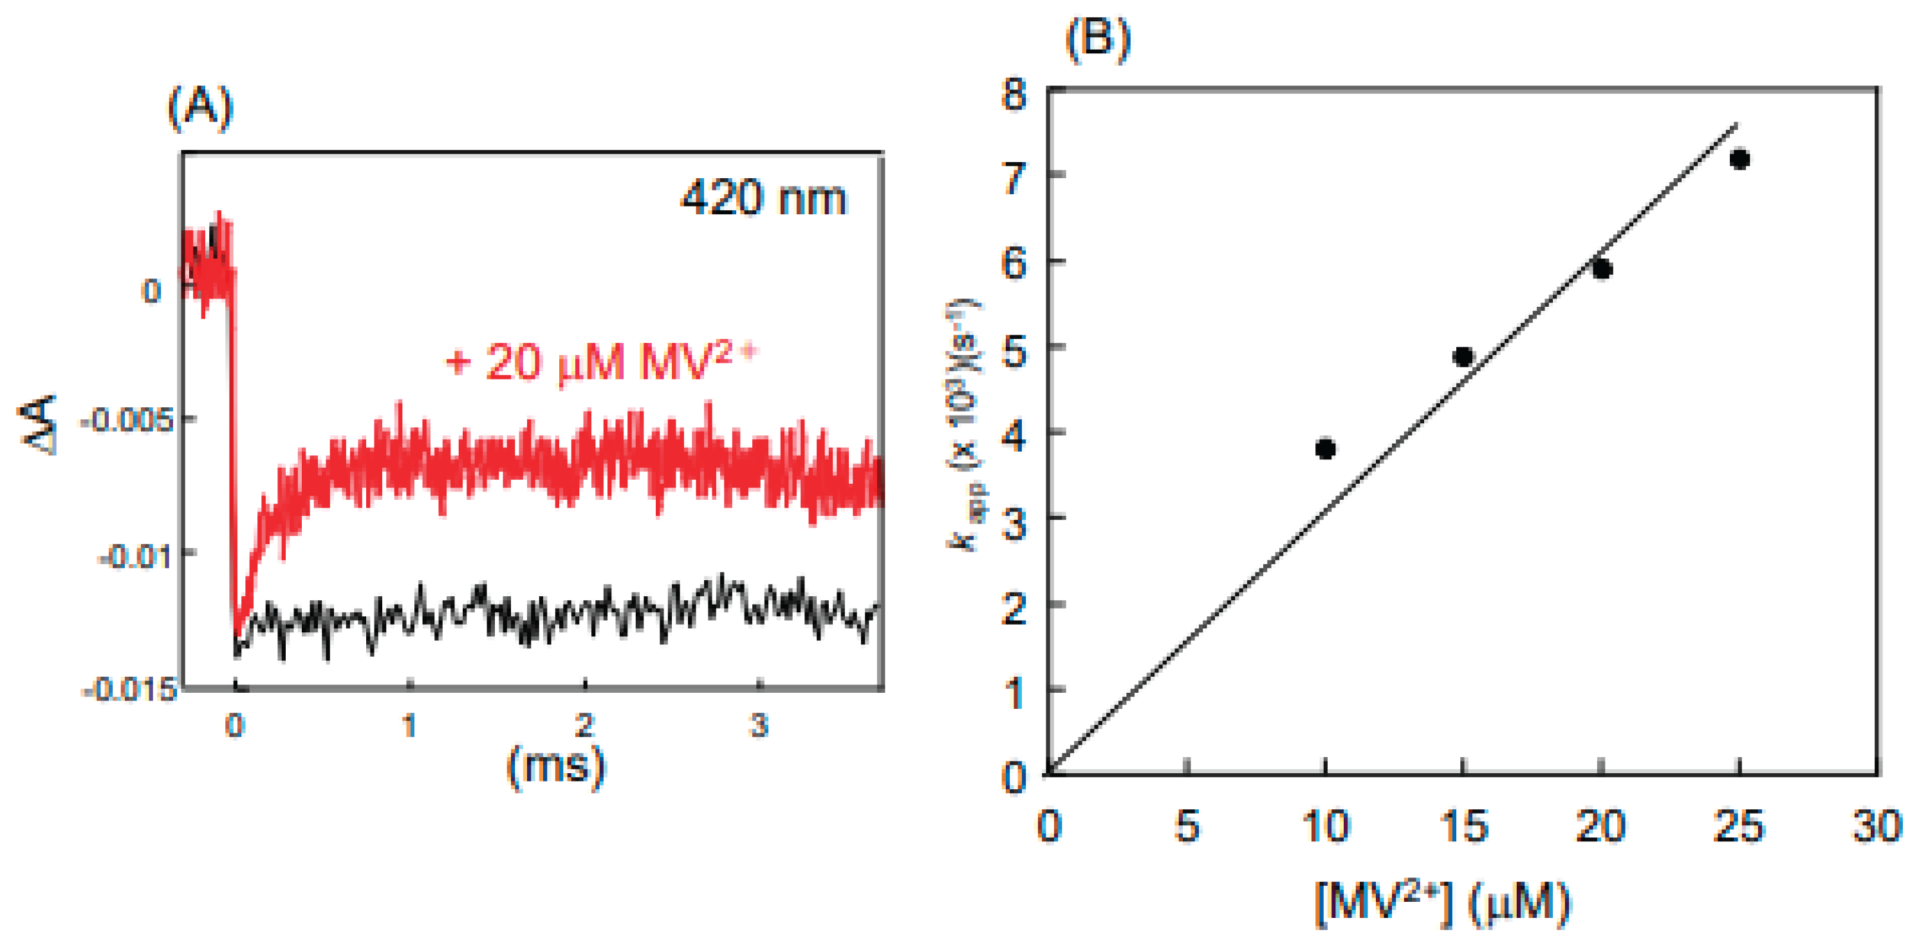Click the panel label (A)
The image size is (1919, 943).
tap(200, 109)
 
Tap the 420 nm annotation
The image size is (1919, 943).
tap(764, 199)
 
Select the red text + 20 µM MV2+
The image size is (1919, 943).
tap(600, 363)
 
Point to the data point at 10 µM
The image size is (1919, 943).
tap(1325, 449)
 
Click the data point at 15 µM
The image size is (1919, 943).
tap(1463, 357)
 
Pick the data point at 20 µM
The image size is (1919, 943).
tap(1602, 269)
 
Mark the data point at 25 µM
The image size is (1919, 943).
tap(1739, 160)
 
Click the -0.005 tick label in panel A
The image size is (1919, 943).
tap(127, 421)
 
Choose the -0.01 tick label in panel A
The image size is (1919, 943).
tap(136, 556)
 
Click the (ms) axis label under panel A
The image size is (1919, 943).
tap(555, 765)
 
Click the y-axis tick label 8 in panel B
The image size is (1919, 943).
tap(1015, 95)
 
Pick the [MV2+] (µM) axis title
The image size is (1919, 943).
tap(1442, 904)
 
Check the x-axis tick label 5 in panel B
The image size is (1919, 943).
tap(1186, 827)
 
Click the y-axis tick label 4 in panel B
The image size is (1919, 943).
tap(1015, 437)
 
